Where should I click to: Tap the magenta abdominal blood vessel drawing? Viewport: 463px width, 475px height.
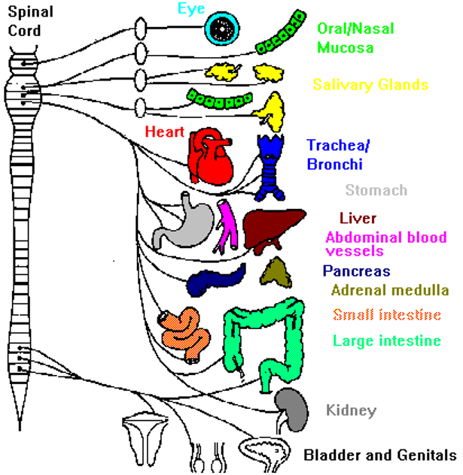(x=227, y=226)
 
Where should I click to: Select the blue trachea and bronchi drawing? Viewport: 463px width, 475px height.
(x=270, y=167)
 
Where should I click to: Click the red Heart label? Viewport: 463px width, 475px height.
(x=165, y=132)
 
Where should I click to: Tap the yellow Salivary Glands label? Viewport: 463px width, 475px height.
(x=370, y=85)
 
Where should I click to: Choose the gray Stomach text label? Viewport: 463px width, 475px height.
(x=376, y=191)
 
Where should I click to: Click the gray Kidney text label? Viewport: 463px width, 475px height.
(x=350, y=410)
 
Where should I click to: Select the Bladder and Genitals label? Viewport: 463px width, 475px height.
(x=380, y=455)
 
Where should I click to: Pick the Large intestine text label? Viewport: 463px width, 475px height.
(x=386, y=340)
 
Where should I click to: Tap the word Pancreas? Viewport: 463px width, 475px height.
(x=358, y=271)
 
